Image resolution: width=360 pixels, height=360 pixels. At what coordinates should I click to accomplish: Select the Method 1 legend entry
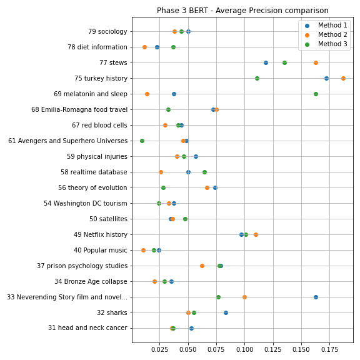[x=326, y=25]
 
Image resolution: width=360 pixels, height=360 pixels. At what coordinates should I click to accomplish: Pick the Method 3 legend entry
[x=326, y=44]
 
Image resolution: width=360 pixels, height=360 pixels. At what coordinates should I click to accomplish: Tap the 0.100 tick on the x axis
[x=245, y=349]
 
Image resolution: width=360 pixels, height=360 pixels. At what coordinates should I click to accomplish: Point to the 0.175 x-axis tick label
[x=330, y=349]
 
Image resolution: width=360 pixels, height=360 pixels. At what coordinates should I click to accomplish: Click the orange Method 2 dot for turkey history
[x=343, y=79]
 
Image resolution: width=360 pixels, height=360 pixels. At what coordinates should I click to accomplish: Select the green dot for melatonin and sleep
[x=316, y=94]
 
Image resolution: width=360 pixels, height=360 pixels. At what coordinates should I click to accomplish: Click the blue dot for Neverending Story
[x=316, y=297]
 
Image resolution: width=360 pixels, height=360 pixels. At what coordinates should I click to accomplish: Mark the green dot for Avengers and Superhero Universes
[x=142, y=141]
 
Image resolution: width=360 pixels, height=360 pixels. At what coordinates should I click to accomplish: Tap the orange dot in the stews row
[x=316, y=63]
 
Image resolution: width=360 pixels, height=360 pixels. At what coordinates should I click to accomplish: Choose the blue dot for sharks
[x=226, y=312]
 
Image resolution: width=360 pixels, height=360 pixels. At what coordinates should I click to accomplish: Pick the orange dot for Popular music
[x=143, y=250]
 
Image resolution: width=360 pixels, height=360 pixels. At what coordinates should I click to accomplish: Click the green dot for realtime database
[x=204, y=172]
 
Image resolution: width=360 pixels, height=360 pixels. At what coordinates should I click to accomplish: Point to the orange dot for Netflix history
[x=256, y=234]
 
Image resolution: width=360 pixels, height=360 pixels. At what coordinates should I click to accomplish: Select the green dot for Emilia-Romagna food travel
[x=168, y=110]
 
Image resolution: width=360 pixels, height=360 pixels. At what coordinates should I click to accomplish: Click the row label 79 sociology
[x=107, y=31]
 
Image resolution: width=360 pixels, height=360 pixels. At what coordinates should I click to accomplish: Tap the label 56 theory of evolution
[x=92, y=187]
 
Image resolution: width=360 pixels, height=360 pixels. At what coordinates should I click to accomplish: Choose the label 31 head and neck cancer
[x=87, y=327]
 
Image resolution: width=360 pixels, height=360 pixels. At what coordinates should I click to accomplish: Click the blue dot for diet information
[x=157, y=47]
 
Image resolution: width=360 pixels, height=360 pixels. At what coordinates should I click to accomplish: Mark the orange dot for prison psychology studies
[x=202, y=266]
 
